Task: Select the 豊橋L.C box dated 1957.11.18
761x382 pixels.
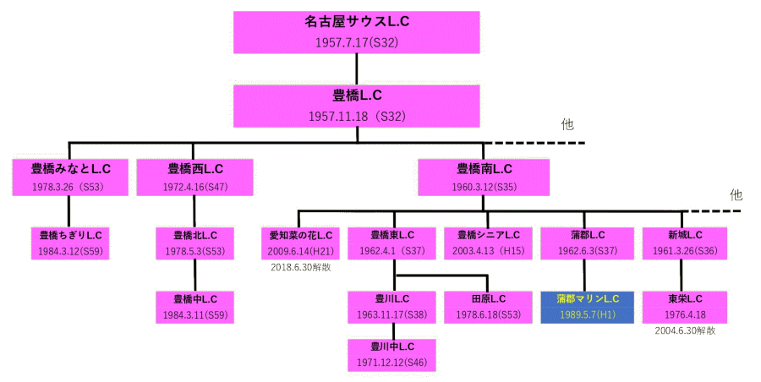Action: click(x=357, y=105)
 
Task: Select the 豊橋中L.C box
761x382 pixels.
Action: click(x=195, y=307)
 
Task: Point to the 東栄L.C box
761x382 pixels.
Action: click(x=683, y=307)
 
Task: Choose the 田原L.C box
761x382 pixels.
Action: click(x=488, y=307)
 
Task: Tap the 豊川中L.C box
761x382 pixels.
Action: click(x=392, y=354)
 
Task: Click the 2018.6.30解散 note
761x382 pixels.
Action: click(x=300, y=268)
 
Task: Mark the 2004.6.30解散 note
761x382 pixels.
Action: click(x=684, y=331)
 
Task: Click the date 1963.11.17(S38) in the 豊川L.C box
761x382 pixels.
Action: click(x=392, y=314)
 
